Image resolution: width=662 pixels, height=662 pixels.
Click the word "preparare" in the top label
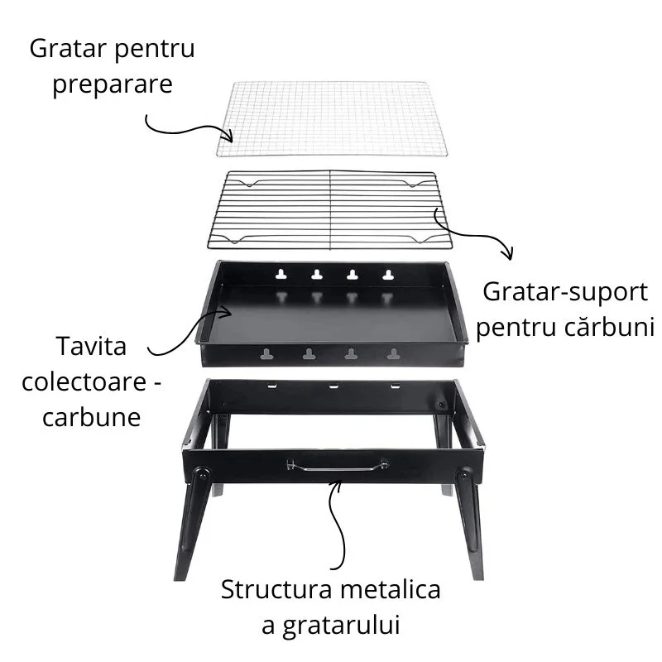(x=113, y=85)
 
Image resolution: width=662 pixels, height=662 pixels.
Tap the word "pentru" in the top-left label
(x=154, y=50)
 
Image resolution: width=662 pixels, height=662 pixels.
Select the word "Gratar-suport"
(x=565, y=293)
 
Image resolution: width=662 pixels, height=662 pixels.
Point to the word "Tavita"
(x=91, y=346)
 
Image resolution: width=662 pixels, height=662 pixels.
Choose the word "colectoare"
(x=84, y=382)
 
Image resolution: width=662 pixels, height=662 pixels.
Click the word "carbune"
(x=91, y=417)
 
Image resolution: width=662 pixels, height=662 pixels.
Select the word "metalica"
(x=391, y=589)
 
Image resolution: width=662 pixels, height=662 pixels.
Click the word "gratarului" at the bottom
(x=341, y=626)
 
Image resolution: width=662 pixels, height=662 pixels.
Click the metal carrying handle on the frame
(x=337, y=465)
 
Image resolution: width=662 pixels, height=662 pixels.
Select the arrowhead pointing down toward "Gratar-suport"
(x=508, y=253)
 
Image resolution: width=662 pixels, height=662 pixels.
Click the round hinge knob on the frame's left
(x=201, y=475)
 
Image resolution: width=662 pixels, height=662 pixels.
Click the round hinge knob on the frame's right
(x=463, y=474)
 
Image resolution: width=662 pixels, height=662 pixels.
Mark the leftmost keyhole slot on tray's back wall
(x=281, y=275)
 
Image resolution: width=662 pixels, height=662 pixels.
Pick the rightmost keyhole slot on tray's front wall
(x=393, y=354)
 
